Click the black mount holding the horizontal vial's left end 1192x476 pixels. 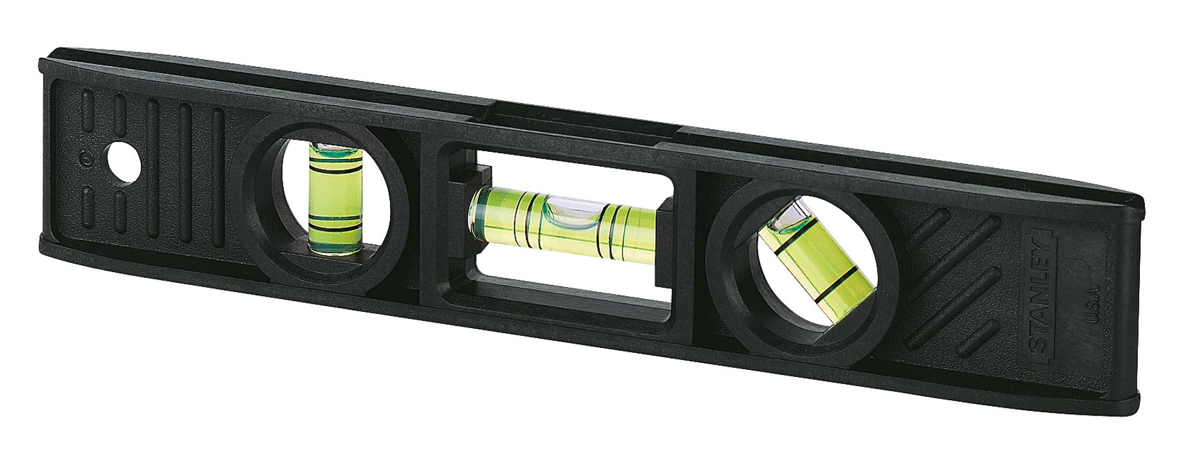(462, 199)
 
